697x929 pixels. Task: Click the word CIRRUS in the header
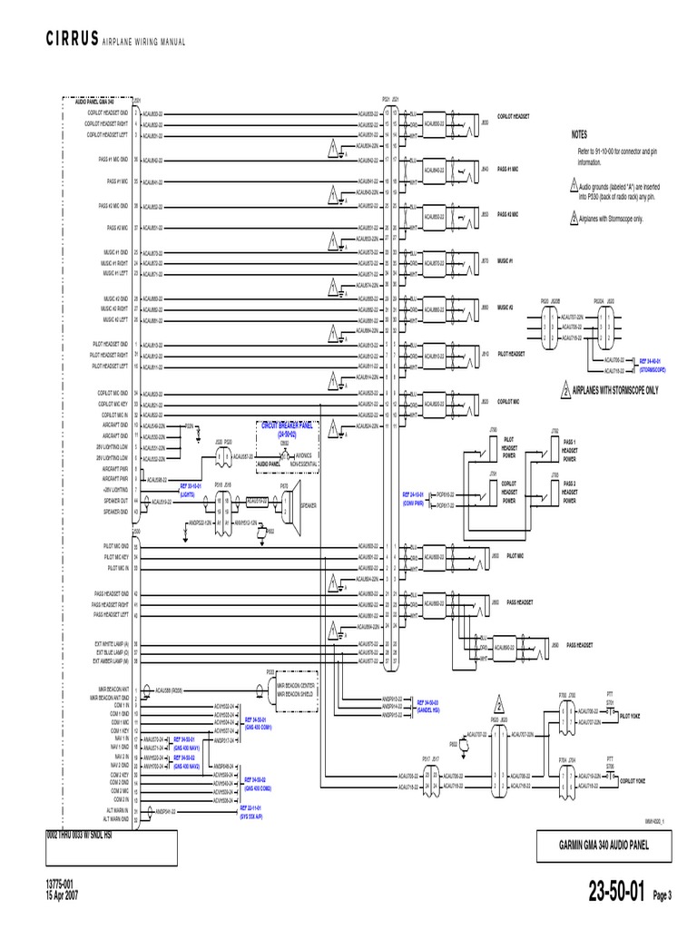[71, 43]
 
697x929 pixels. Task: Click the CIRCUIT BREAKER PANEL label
[286, 425]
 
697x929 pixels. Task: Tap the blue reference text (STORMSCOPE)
[653, 369]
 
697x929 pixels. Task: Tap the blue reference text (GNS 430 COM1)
[258, 728]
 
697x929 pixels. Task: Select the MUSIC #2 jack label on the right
[505, 308]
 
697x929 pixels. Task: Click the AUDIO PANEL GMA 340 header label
[100, 102]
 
